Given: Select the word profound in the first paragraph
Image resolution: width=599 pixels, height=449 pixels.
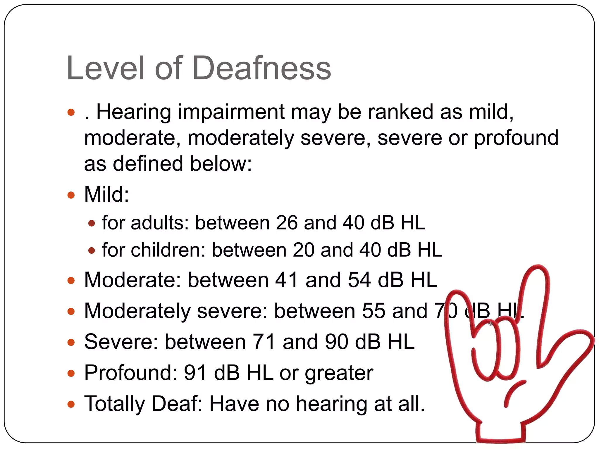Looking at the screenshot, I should [516, 138].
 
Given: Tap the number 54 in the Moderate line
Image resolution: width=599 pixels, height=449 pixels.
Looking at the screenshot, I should [359, 280].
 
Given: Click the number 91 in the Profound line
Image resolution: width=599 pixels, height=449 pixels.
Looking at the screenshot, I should [196, 373].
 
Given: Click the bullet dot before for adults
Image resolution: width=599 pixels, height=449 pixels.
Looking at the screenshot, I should [92, 224].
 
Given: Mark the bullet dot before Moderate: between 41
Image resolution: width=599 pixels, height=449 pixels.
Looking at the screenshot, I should [71, 281].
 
